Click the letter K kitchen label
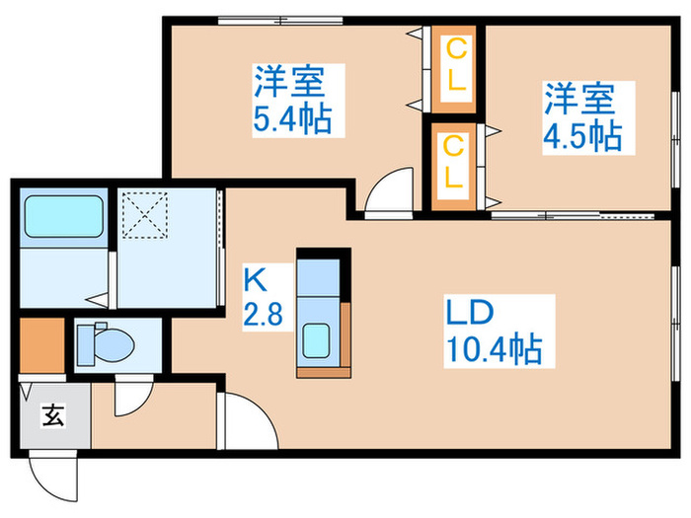click(253, 279)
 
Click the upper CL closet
click(454, 65)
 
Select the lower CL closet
click(454, 162)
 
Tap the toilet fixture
click(107, 343)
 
